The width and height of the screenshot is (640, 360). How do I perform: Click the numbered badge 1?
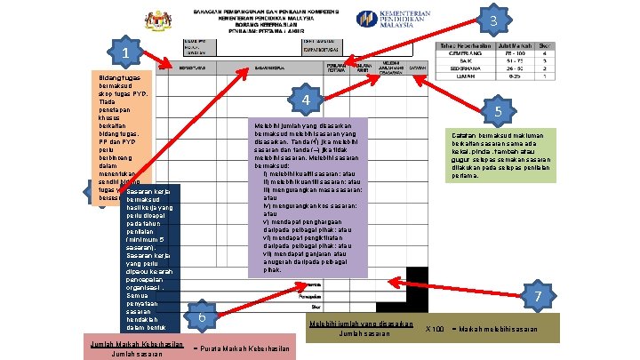pos(126,53)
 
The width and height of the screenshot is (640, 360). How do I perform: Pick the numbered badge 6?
pos(203,316)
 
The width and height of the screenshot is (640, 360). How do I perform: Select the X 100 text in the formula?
pos(436,329)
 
